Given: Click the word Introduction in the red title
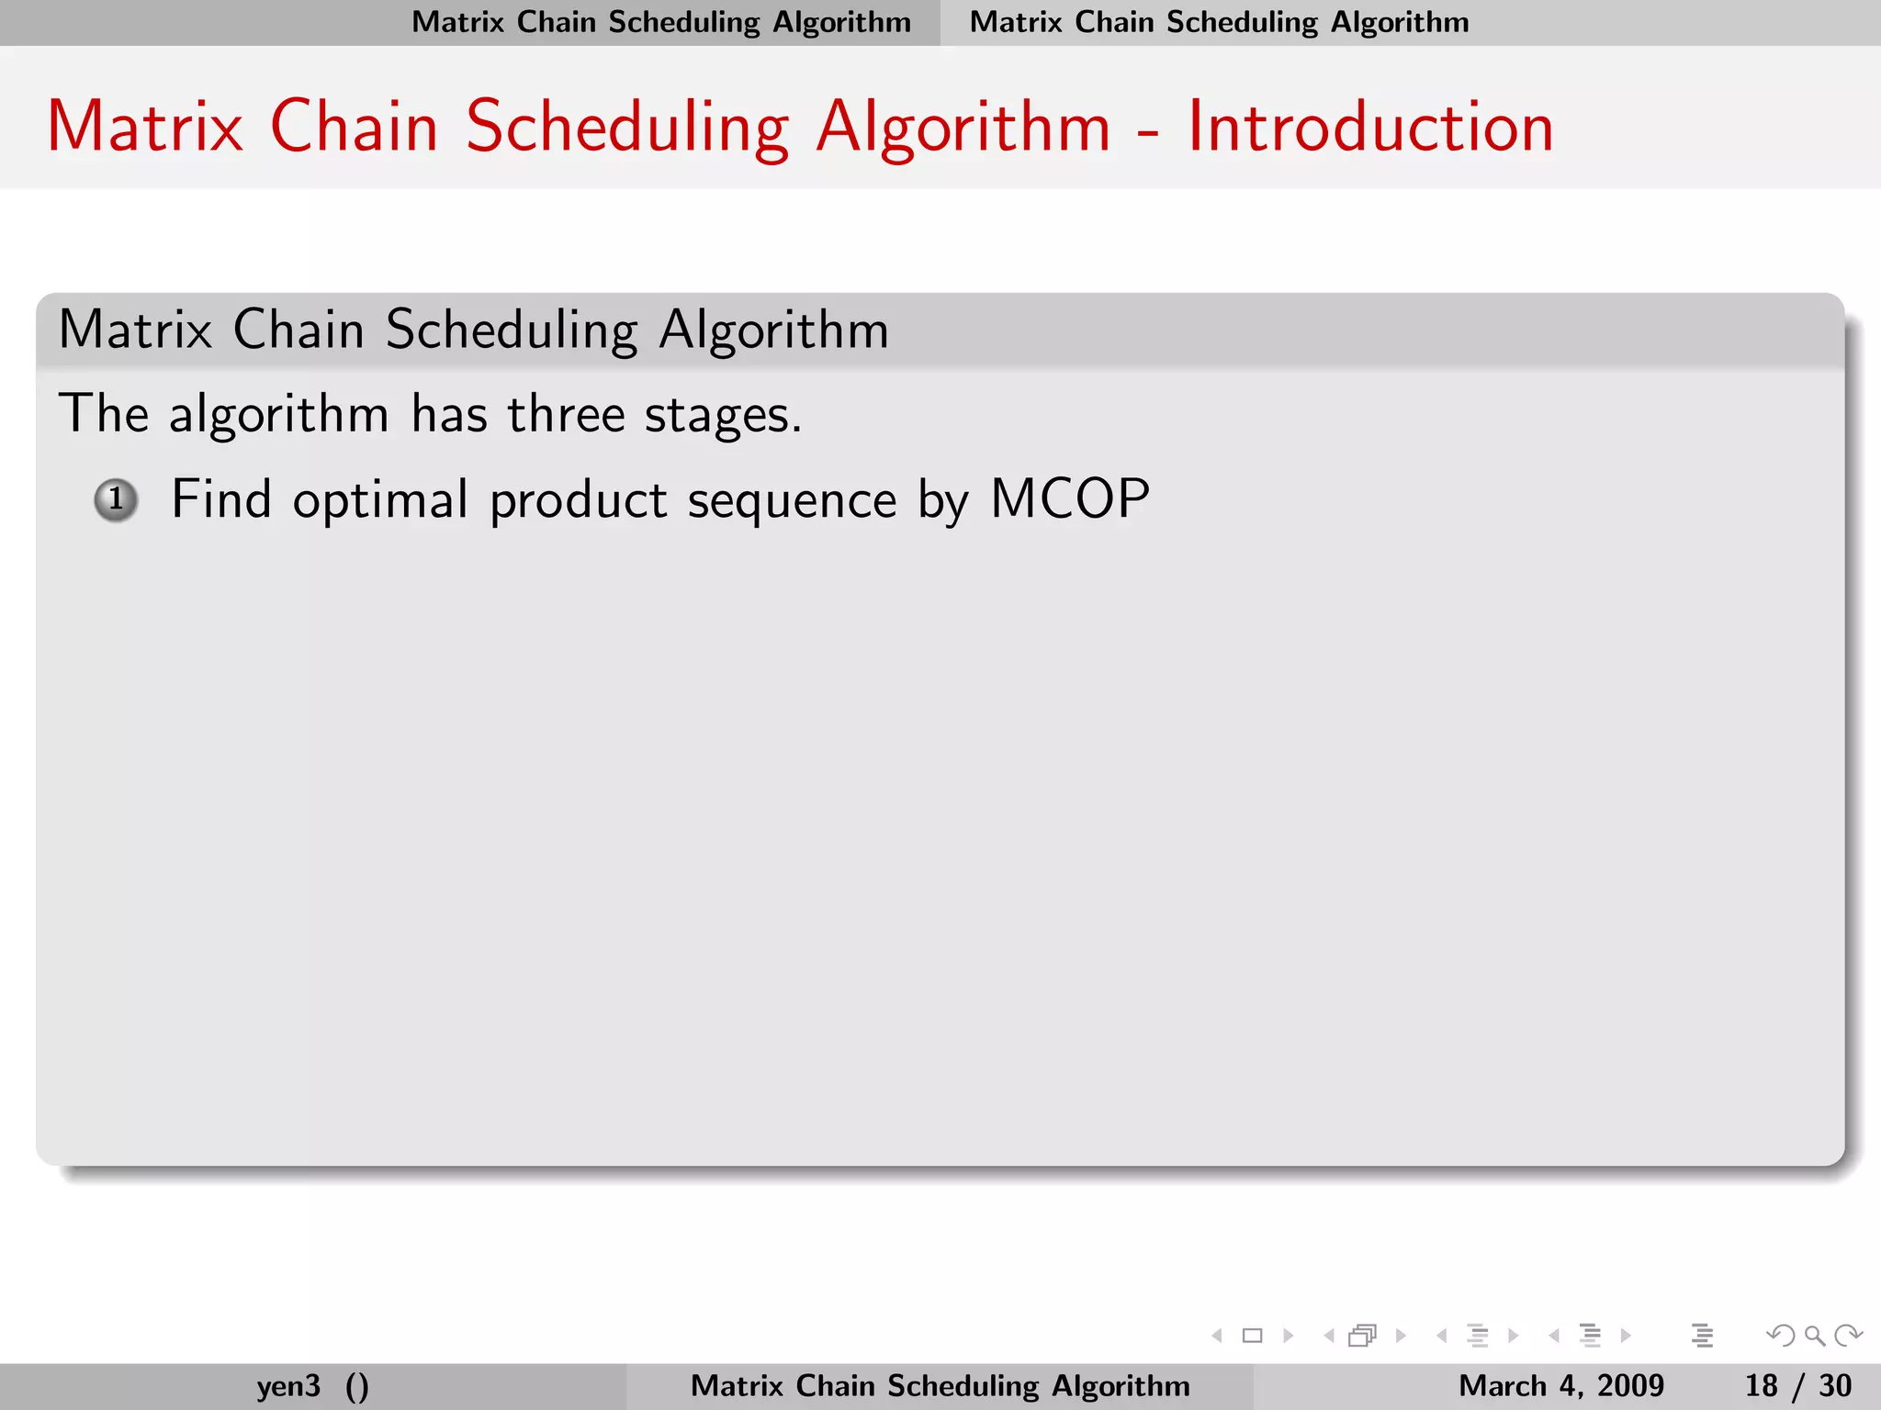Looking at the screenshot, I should [1369, 127].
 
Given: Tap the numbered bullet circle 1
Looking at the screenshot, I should [117, 500].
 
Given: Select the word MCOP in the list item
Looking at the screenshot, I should [1069, 500].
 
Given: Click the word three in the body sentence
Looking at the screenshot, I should [566, 414].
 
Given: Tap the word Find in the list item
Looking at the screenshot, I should [221, 500].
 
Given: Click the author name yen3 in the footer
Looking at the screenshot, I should [288, 1385].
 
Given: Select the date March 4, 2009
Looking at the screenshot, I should [1560, 1385].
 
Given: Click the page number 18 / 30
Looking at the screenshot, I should [1797, 1385].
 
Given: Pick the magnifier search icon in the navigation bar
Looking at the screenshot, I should [1814, 1336].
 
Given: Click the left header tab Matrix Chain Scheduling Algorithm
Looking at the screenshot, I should [661, 22].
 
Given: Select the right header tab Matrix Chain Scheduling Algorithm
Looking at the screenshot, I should [1219, 22].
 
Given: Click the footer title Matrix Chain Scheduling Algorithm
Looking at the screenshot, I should [940, 1385].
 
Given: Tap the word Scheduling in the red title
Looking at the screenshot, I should [626, 129].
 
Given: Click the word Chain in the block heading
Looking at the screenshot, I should [298, 330].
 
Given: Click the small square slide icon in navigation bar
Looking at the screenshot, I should [1252, 1336].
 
